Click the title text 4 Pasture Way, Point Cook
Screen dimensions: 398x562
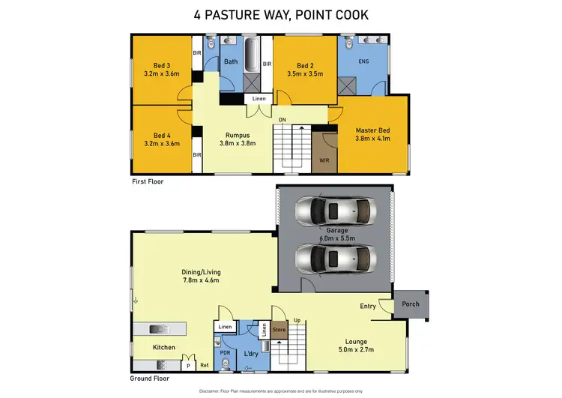(280, 15)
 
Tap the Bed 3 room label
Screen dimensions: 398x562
(161, 65)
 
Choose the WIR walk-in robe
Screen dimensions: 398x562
(323, 160)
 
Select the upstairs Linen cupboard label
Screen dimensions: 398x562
(258, 99)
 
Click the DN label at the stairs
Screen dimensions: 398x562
(282, 119)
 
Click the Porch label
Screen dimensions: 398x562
(410, 304)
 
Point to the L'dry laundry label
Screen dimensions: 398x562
(251, 353)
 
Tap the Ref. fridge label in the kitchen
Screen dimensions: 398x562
(204, 365)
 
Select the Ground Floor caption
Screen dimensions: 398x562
(150, 379)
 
